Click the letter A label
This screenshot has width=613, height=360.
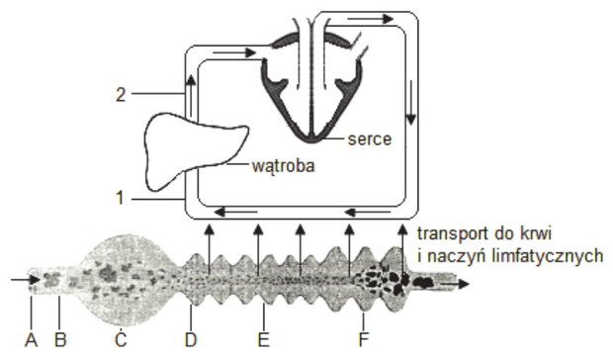pyautogui.click(x=31, y=340)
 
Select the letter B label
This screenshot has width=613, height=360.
pyautogui.click(x=59, y=340)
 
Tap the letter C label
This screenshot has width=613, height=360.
pyautogui.click(x=121, y=338)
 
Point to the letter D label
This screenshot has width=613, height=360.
pyautogui.click(x=191, y=340)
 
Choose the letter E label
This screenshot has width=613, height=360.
pyautogui.click(x=264, y=340)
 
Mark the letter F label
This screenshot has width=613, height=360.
pyautogui.click(x=363, y=340)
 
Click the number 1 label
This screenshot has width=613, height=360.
pyautogui.click(x=120, y=198)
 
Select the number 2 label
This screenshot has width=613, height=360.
pyautogui.click(x=121, y=95)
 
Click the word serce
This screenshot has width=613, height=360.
pyautogui.click(x=370, y=139)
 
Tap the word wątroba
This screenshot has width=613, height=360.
pyautogui.click(x=283, y=166)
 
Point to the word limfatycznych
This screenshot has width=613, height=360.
pyautogui.click(x=515, y=257)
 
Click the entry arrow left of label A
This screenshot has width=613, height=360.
pyautogui.click(x=26, y=280)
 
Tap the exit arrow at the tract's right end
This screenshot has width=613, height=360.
pyautogui.click(x=454, y=284)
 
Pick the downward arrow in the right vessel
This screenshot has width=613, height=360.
pyautogui.click(x=410, y=103)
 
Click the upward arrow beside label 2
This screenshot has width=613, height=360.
pyautogui.click(x=191, y=95)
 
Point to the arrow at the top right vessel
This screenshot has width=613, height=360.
pyautogui.click(x=370, y=19)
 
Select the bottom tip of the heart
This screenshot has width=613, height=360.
pyautogui.click(x=311, y=141)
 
